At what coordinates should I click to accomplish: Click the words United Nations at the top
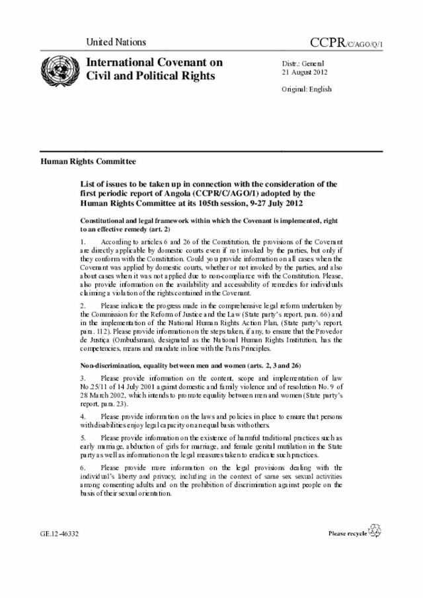(x=116, y=42)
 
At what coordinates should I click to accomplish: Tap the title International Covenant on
(x=150, y=63)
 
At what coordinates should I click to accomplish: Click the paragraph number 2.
(x=83, y=306)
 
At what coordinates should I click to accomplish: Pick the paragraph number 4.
(x=83, y=418)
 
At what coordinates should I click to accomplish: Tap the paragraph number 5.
(x=83, y=439)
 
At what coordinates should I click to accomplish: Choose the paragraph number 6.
(x=83, y=468)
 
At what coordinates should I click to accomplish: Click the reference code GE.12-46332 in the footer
(x=59, y=532)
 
